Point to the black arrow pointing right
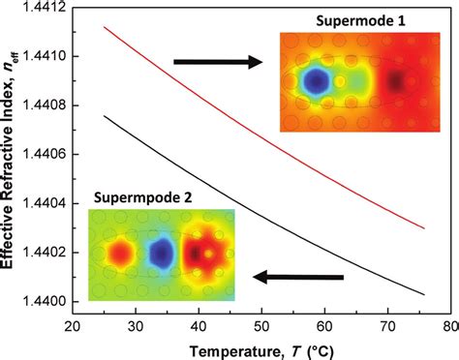218,62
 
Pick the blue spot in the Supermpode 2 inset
160,254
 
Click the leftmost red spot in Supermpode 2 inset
119,254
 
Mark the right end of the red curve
424,228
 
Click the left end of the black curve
104,116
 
